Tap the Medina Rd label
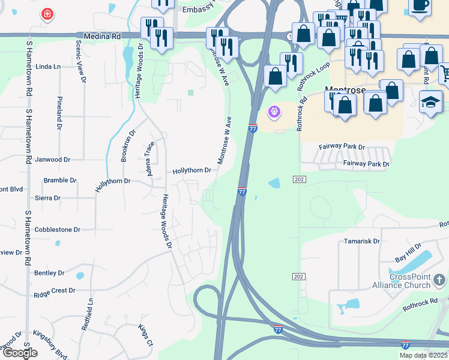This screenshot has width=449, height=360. [107, 37]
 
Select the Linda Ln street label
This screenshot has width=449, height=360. [49, 67]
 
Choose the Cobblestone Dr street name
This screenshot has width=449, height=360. [58, 230]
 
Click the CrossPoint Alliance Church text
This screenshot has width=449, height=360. [410, 282]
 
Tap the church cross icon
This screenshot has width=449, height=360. [439, 279]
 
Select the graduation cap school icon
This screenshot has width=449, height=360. [431, 101]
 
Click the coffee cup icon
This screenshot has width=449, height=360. [420, 5]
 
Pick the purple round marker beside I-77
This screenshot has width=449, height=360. [274, 112]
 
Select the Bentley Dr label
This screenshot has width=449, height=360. [49, 273]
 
